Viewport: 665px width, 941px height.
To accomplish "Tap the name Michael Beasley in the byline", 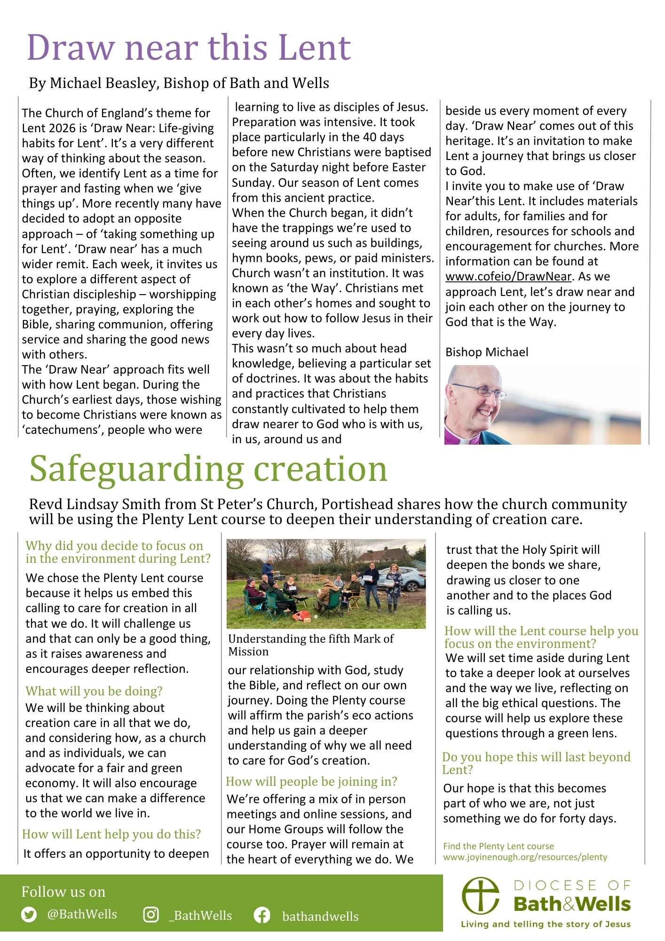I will (x=103, y=83).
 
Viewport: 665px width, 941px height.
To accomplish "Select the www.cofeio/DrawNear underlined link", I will (x=508, y=277).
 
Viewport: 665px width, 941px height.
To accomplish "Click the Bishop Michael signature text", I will (x=487, y=352).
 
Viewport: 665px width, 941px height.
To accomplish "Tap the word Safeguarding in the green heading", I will (x=137, y=470).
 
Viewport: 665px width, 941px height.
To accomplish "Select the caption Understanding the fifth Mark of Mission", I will (x=310, y=645).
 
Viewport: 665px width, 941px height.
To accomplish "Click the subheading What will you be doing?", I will (x=94, y=691).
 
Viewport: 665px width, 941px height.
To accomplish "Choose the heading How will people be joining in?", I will (x=311, y=782).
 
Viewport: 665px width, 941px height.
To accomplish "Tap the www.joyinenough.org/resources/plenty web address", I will (x=525, y=857).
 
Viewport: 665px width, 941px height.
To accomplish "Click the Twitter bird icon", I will (x=29, y=915).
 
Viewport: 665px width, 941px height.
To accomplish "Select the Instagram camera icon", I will (x=151, y=915).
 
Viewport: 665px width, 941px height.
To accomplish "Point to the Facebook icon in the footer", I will (x=262, y=915).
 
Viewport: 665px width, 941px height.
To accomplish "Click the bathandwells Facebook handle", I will (x=320, y=917).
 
